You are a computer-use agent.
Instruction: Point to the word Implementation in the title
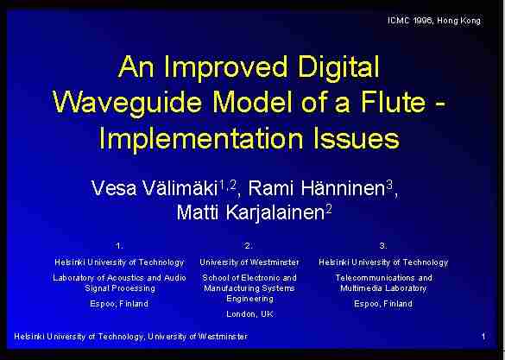pos(201,139)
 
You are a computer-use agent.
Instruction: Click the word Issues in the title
pos(357,138)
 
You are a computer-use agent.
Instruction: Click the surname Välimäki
pos(180,188)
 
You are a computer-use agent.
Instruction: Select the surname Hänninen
pos(343,188)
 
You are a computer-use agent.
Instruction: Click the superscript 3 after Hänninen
pos(389,185)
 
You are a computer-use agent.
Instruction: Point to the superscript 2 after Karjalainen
pos(329,210)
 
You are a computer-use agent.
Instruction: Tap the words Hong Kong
pos(458,21)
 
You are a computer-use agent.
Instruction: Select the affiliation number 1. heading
pos(119,246)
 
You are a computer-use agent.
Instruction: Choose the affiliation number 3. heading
pos(383,246)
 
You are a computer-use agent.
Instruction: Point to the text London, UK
pos(250,314)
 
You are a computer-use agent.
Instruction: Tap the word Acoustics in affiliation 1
pos(125,278)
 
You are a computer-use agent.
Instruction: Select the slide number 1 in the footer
pos(483,337)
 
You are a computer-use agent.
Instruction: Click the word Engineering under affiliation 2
pos(250,299)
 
